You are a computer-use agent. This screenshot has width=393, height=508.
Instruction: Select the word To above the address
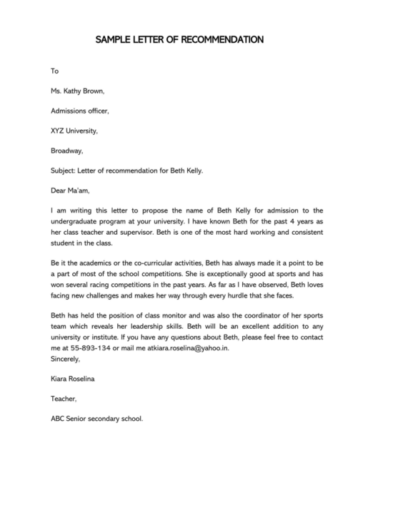coord(54,71)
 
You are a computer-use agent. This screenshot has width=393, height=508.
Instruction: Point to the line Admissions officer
coord(80,111)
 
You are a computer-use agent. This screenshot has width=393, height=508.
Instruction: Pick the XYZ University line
coord(74,131)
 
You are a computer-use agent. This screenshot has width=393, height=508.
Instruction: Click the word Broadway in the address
coord(67,151)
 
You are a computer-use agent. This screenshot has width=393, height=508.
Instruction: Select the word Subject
coord(64,171)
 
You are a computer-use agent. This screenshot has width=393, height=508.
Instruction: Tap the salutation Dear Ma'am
coord(71,191)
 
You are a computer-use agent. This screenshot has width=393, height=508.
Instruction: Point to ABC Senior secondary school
coord(97,419)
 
